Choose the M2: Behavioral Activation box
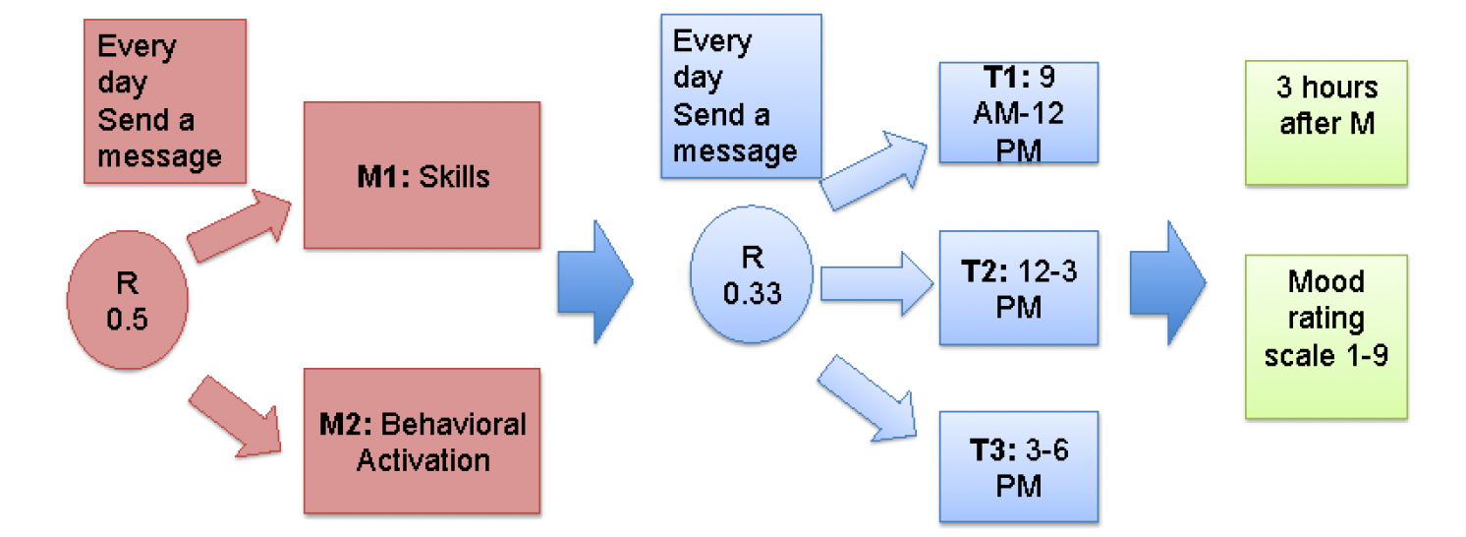[422, 441]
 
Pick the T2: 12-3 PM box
[1018, 287]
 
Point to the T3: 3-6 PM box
[1018, 467]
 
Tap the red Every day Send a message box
[165, 100]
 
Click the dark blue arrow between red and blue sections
[595, 281]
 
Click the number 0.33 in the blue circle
[752, 293]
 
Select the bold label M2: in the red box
[346, 425]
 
